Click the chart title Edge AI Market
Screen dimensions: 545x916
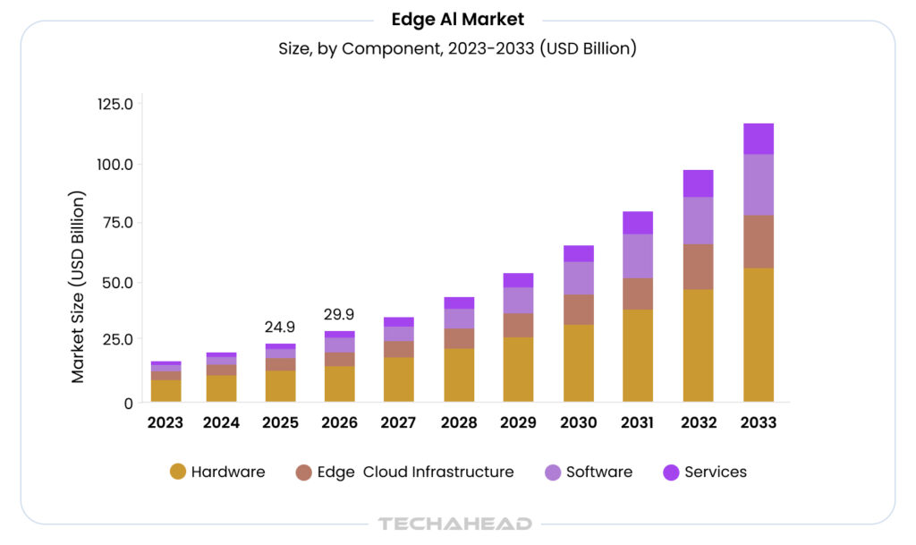point(457,19)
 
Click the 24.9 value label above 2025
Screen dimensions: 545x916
point(280,327)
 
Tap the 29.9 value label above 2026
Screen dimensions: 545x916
point(339,314)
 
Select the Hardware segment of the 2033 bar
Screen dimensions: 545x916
point(758,335)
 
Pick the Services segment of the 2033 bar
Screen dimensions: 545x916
point(758,139)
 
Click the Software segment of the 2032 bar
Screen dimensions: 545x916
point(698,221)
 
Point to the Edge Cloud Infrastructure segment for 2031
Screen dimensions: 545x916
point(638,294)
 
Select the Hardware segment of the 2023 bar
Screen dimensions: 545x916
point(166,391)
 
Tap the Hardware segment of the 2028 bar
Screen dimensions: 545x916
point(459,375)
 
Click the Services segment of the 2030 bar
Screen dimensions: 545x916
point(579,253)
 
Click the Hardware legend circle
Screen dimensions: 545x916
point(177,472)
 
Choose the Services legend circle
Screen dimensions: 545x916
point(671,472)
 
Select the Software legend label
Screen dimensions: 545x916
point(598,472)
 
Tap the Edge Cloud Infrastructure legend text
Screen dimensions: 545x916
point(415,472)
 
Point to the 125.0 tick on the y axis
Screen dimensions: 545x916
point(114,104)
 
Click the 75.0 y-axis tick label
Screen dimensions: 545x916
point(114,223)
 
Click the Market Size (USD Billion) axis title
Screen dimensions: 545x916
point(79,286)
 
